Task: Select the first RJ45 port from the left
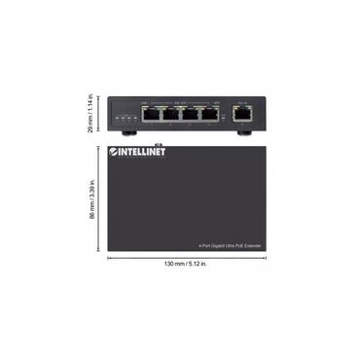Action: pos(151,114)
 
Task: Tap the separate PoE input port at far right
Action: pos(242,114)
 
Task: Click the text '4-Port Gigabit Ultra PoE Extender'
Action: pos(229,246)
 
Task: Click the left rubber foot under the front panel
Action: pos(126,132)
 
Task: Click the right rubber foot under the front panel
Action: pos(242,132)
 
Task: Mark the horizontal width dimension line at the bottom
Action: pos(184,258)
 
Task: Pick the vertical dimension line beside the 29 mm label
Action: pos(100,113)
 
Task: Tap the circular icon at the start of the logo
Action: pos(113,151)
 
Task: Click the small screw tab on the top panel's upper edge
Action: pos(184,142)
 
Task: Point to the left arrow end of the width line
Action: pos(109,258)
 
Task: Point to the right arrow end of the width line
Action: pos(260,258)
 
